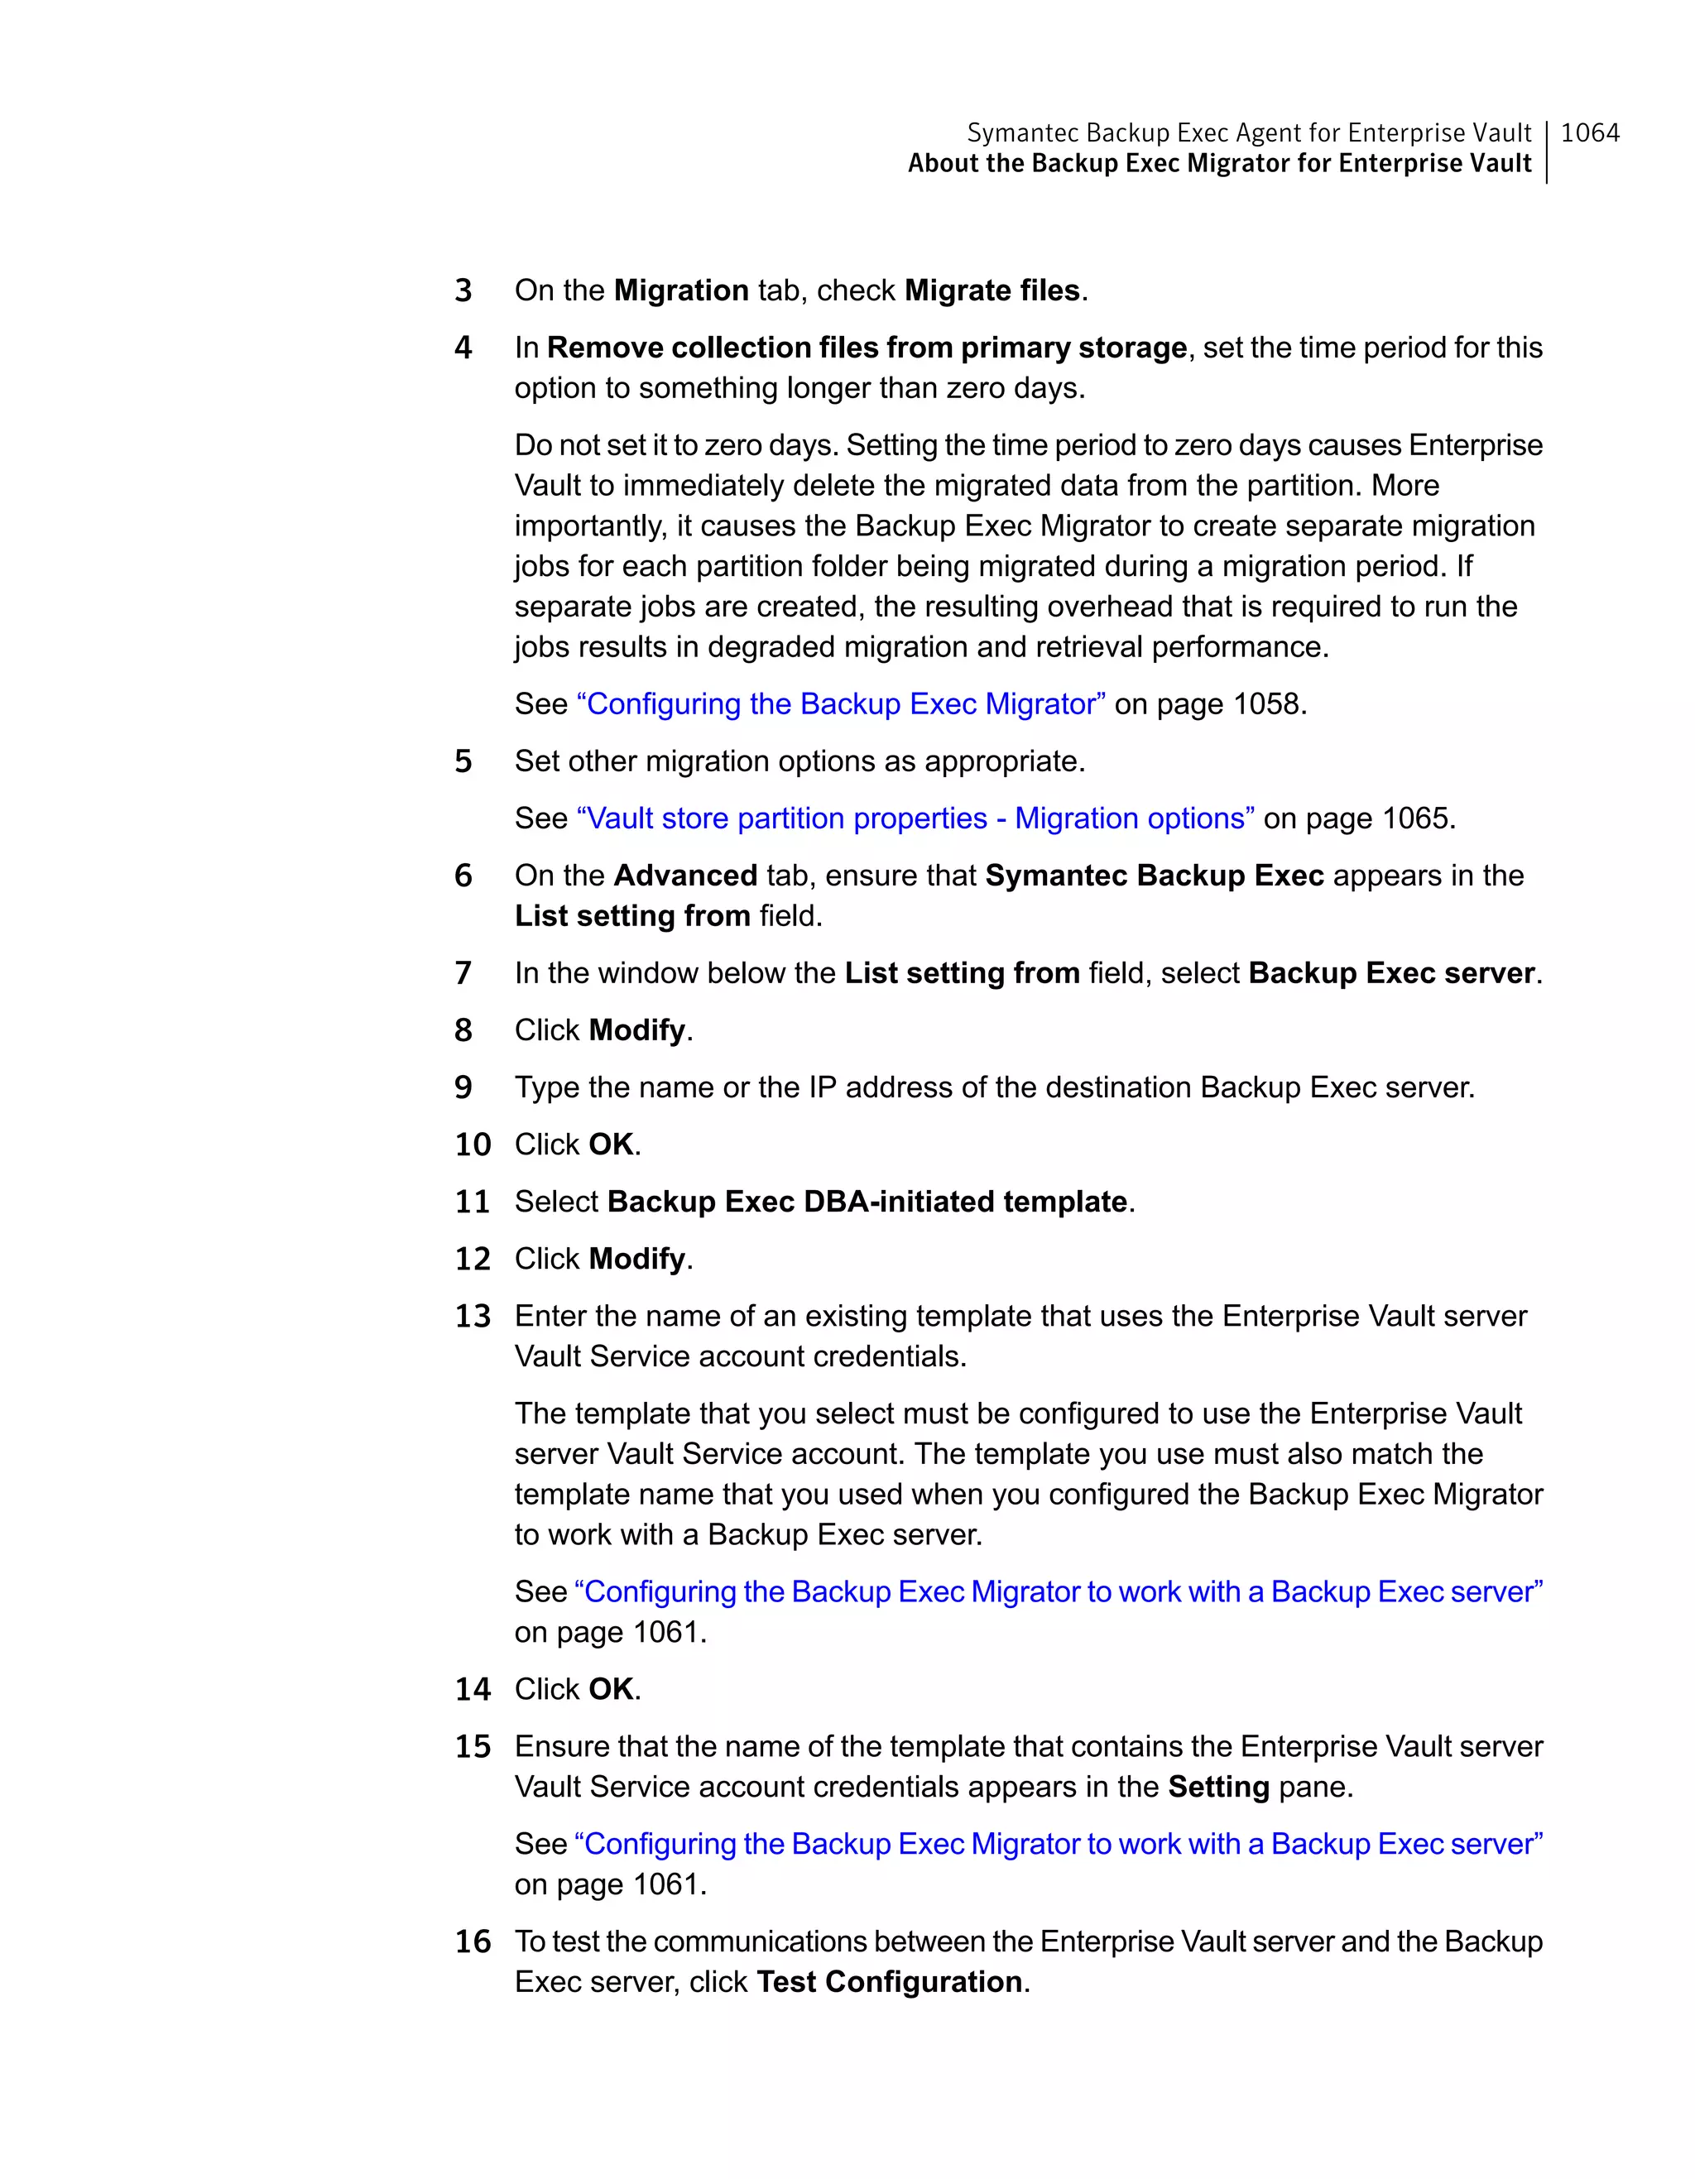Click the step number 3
(463, 290)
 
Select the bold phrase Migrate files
(992, 290)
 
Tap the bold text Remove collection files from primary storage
(866, 348)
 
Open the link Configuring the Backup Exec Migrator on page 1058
(840, 703)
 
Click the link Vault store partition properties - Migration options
(915, 818)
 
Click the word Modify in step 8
(636, 1030)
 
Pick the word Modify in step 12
(636, 1258)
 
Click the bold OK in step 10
(611, 1145)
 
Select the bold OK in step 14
(611, 1689)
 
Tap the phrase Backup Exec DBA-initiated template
(866, 1202)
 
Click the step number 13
(473, 1316)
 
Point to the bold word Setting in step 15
(1218, 1786)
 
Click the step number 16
(473, 1941)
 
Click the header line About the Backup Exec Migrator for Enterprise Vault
(1218, 164)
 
